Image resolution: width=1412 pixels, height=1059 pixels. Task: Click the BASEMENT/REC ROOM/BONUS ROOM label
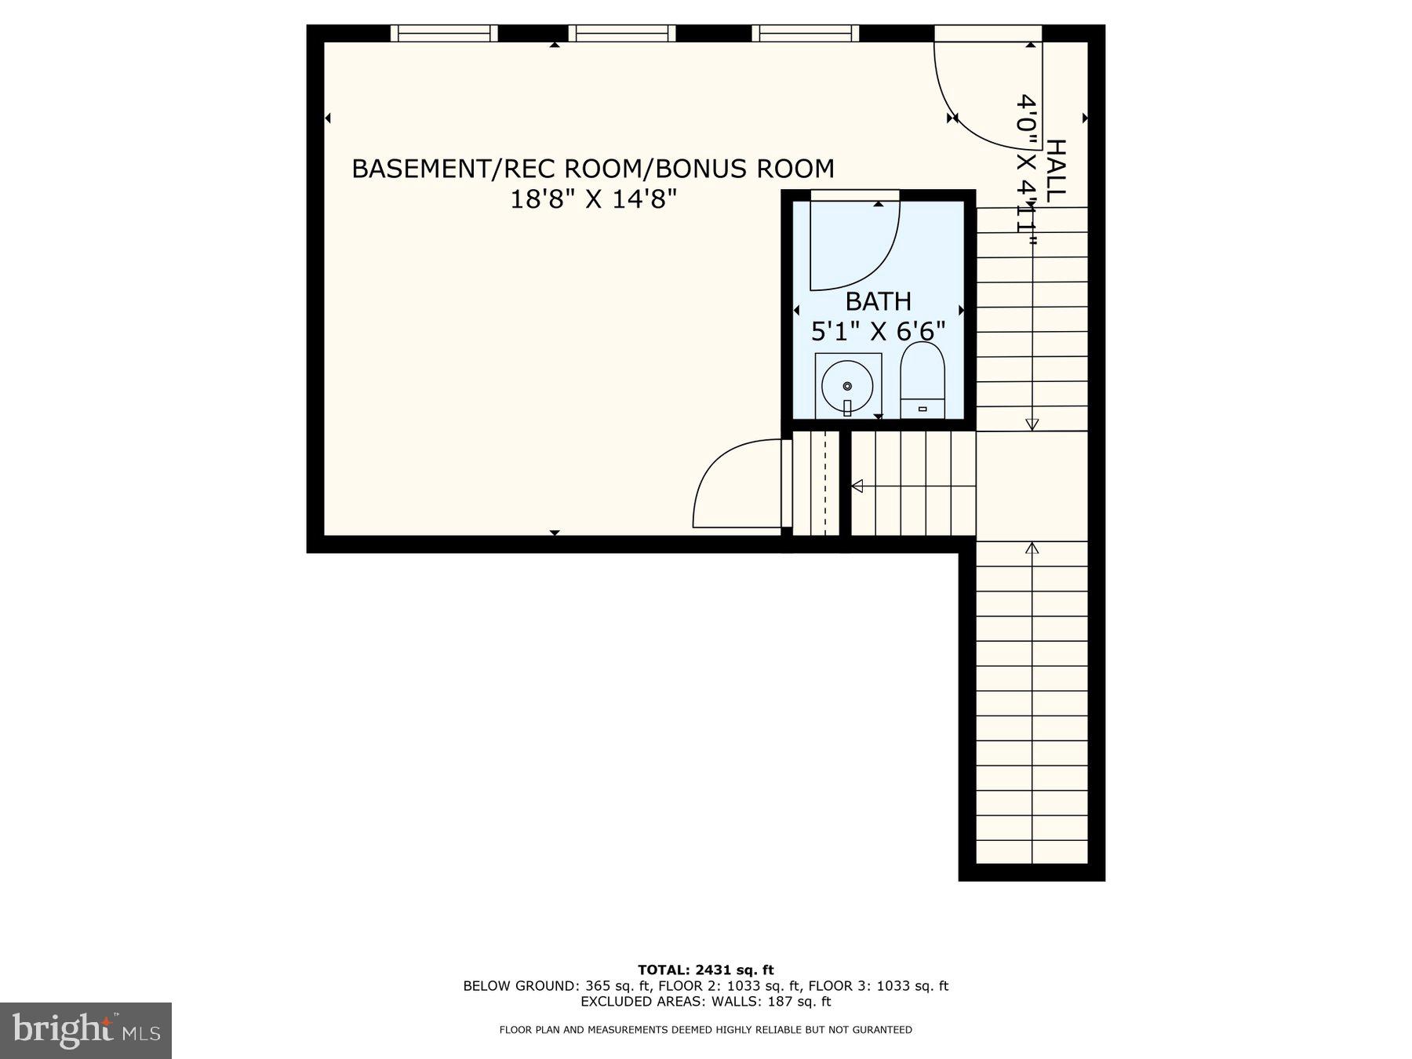click(x=592, y=169)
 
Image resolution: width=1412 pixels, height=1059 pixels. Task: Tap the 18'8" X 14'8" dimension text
click(x=593, y=200)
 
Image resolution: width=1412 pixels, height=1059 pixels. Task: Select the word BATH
click(x=878, y=301)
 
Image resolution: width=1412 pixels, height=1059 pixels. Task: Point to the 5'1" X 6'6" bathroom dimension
click(x=878, y=332)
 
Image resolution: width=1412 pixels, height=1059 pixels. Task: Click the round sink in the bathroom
click(x=847, y=387)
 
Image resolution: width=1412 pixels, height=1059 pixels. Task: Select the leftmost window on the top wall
click(x=444, y=33)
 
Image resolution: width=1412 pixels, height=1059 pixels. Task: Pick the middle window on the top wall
click(x=621, y=33)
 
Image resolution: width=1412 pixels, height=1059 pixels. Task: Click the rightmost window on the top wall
click(x=806, y=33)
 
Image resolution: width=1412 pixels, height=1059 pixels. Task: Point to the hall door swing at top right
click(x=984, y=98)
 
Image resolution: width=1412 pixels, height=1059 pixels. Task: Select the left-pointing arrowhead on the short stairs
click(x=857, y=486)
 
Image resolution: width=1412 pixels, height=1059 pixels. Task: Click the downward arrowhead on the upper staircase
click(x=1032, y=424)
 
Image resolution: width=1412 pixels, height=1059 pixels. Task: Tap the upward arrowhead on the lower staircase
click(x=1032, y=548)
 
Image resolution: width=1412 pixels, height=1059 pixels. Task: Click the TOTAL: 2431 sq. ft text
click(x=705, y=970)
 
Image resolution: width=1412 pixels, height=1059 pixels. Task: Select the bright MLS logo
click(x=86, y=1030)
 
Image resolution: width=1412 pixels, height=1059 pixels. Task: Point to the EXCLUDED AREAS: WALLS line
click(x=705, y=1002)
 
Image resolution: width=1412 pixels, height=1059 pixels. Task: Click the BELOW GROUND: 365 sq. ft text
click(x=557, y=986)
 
